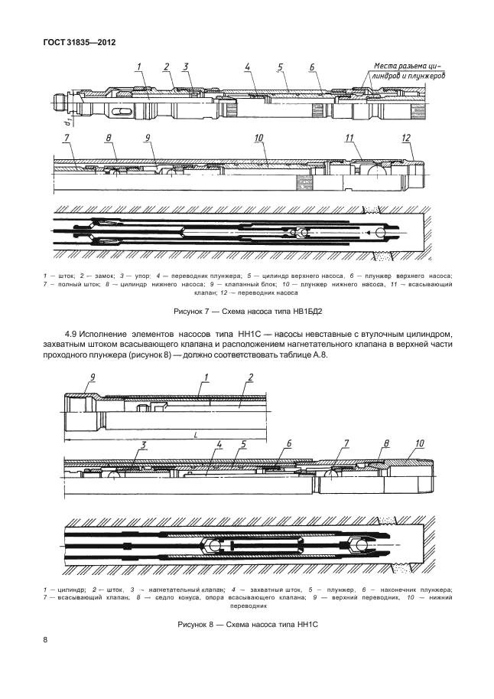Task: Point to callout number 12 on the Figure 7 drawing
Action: click(406, 138)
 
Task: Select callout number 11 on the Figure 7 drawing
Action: click(350, 138)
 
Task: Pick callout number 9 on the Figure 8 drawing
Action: click(92, 375)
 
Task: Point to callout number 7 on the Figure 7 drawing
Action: click(67, 137)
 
